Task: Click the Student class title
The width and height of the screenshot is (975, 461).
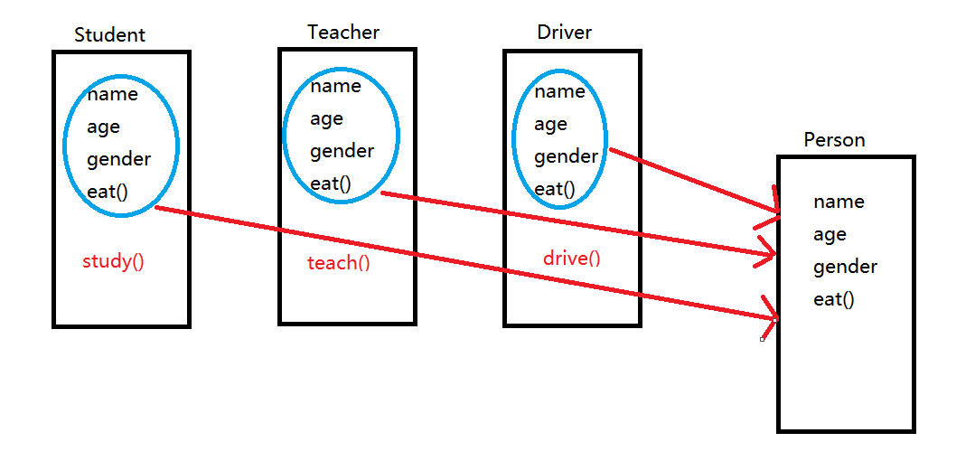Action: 109,35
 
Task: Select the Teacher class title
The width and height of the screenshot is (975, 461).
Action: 343,33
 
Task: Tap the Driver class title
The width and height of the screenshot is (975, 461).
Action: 564,33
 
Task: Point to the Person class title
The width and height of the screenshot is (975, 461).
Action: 834,140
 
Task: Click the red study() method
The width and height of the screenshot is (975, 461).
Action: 113,262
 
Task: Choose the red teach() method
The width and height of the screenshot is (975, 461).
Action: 339,263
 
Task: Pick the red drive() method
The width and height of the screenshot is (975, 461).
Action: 571,259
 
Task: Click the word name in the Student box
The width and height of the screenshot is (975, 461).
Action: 112,95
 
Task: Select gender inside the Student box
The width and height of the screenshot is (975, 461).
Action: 118,160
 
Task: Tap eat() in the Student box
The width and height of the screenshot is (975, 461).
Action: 108,192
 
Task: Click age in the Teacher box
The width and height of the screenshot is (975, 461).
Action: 326,119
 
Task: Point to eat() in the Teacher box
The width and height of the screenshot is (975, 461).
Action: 331,183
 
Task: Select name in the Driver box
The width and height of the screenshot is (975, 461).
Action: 559,91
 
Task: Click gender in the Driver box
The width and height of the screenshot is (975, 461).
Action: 566,157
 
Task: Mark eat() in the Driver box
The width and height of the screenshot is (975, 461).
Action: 554,189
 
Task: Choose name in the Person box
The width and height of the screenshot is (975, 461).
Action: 839,202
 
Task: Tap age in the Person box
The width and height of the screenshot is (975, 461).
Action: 830,235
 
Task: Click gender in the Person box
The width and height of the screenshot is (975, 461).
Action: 845,268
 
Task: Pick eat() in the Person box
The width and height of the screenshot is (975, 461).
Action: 833,299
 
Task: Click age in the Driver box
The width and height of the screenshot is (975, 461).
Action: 550,125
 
